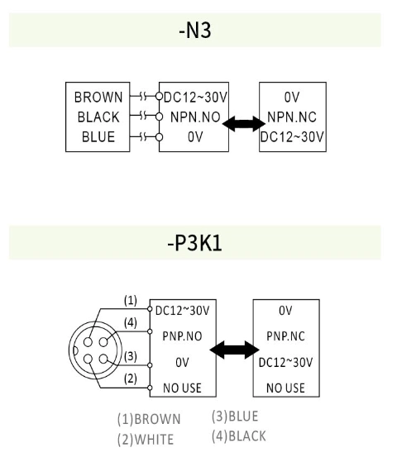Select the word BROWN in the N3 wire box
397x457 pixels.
pyautogui.click(x=98, y=98)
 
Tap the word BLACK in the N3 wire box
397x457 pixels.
pyautogui.click(x=98, y=117)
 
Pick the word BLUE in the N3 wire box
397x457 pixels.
pyautogui.click(x=98, y=137)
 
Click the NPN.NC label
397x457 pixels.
pyautogui.click(x=294, y=117)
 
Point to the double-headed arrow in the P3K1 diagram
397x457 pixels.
pyautogui.click(x=235, y=351)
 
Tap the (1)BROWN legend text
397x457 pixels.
pyautogui.click(x=149, y=419)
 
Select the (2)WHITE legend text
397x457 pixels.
pyautogui.click(x=146, y=439)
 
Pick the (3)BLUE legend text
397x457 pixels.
pyautogui.click(x=235, y=417)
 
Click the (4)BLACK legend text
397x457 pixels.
pyautogui.click(x=238, y=436)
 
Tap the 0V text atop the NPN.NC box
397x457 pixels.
pyautogui.click(x=294, y=98)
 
